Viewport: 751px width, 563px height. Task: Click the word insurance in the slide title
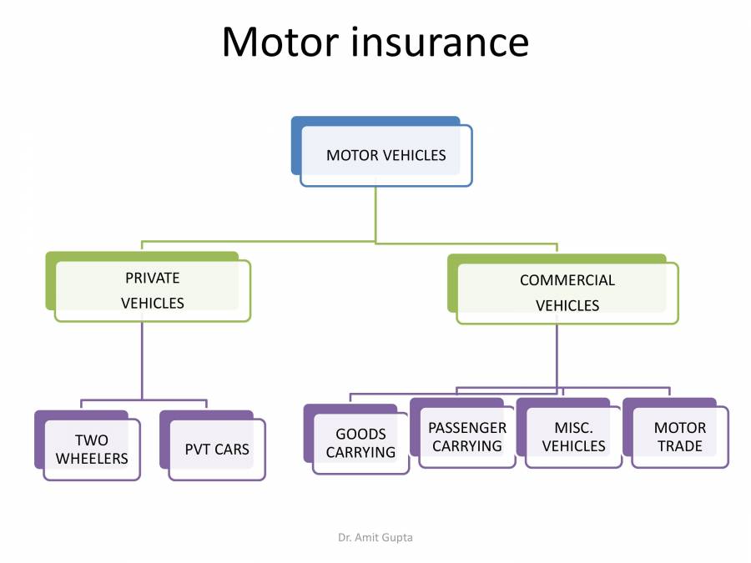coord(439,42)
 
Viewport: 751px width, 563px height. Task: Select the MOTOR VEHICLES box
coord(386,155)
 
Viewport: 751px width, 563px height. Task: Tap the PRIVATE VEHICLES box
coord(152,290)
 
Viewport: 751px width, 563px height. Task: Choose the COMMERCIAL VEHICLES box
coord(567,293)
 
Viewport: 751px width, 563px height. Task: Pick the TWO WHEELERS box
coord(92,450)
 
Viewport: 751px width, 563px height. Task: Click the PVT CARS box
coord(217,450)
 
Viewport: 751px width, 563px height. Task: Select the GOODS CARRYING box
coord(360,444)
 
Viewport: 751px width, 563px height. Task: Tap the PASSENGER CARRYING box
coord(467,437)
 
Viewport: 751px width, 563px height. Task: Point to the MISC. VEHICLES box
coord(573,437)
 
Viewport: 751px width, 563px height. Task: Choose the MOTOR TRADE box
coord(679,437)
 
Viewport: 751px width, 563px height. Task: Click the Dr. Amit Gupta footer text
coord(375,537)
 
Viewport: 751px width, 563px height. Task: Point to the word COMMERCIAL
coord(567,280)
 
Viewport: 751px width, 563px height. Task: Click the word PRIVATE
coord(152,278)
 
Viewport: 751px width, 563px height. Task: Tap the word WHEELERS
coord(92,459)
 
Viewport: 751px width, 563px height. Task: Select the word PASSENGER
coord(467,428)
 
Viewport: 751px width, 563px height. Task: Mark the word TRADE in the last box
coord(679,446)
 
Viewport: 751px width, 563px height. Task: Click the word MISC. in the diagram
coord(573,428)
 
